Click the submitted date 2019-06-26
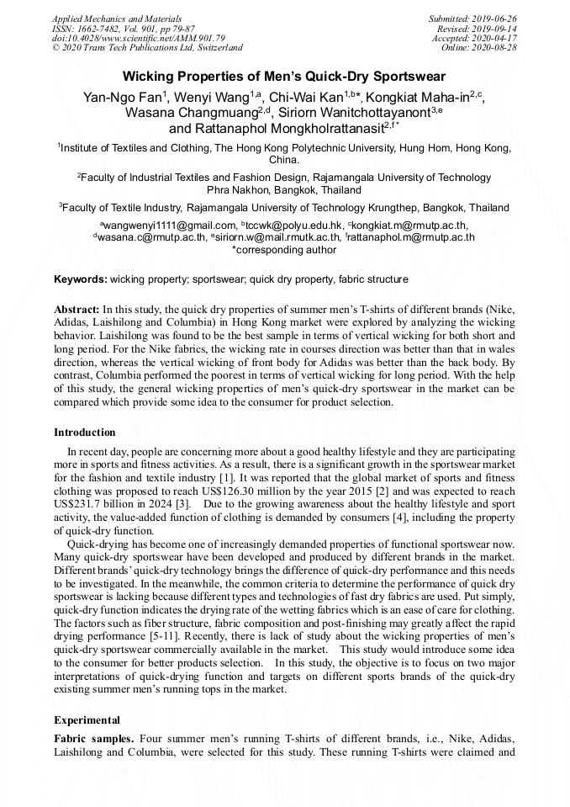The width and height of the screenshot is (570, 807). click(x=497, y=19)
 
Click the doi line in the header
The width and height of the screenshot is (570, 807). click(x=138, y=39)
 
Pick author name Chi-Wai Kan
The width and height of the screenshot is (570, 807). click(x=299, y=98)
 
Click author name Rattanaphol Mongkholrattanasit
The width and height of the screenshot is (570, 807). click(x=288, y=129)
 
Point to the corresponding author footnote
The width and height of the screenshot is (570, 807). click(x=284, y=250)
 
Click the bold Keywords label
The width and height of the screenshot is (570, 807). click(x=81, y=279)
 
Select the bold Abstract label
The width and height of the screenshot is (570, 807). click(x=77, y=310)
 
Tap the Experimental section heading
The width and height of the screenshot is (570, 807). click(x=87, y=720)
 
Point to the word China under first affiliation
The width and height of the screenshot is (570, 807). click(x=283, y=159)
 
